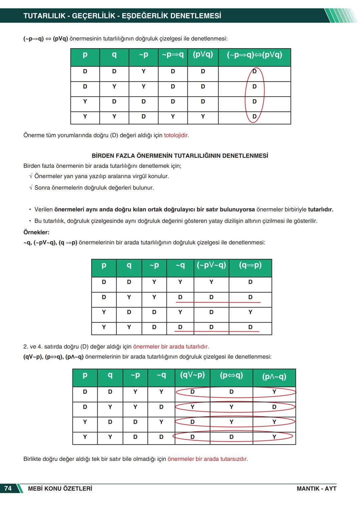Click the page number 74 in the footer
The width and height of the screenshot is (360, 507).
click(x=8, y=488)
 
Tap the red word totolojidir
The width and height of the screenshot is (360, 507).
click(x=176, y=135)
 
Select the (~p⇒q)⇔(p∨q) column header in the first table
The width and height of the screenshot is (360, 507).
click(x=254, y=55)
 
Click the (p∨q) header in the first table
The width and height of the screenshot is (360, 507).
click(x=203, y=54)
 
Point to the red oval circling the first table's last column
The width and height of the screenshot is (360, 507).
click(x=263, y=90)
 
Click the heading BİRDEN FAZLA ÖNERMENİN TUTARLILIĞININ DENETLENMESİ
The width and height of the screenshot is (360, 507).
click(x=180, y=156)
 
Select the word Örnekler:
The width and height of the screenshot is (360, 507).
click(x=36, y=232)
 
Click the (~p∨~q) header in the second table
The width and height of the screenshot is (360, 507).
click(x=211, y=265)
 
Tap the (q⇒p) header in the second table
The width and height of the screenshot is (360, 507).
click(x=250, y=265)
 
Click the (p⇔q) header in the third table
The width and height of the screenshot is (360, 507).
click(x=231, y=375)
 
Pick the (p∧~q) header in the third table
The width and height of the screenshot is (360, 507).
click(x=274, y=376)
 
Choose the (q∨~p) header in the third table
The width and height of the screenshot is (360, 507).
click(x=192, y=375)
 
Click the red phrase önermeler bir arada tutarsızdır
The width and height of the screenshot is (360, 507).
click(x=208, y=459)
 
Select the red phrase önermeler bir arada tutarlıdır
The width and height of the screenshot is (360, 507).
click(x=171, y=346)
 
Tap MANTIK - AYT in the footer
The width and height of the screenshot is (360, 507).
click(x=316, y=488)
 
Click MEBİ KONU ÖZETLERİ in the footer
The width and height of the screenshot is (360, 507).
click(x=60, y=488)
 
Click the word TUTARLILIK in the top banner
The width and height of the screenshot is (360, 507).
click(x=44, y=16)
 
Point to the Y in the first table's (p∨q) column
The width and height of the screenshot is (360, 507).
click(x=203, y=116)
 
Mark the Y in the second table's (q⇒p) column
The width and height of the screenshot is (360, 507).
click(x=250, y=312)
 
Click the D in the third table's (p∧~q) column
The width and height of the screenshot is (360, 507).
click(x=274, y=407)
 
